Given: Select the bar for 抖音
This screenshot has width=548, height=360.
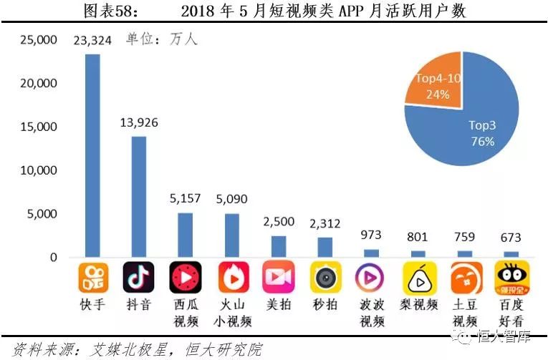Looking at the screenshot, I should click(139, 196).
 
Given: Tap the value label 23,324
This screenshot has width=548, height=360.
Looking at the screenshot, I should click(92, 39).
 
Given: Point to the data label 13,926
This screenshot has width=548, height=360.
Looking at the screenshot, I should click(138, 122).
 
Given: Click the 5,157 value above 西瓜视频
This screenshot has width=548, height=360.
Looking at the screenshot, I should click(186, 199).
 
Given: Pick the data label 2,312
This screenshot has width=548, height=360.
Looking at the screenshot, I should click(325, 223).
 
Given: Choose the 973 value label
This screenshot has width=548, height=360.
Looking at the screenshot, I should click(372, 235).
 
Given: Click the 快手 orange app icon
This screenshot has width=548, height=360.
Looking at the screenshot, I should click(92, 278).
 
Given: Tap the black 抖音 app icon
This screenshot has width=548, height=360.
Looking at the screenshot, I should click(139, 278).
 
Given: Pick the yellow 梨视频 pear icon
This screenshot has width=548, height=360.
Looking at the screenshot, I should click(418, 278).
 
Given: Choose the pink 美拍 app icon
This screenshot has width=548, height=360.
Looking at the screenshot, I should click(279, 278).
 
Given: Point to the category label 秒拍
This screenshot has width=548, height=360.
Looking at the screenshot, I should click(325, 305).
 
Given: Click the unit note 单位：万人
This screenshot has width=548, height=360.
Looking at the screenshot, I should click(162, 39).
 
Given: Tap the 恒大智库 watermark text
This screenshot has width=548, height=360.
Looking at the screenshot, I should click(509, 336).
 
